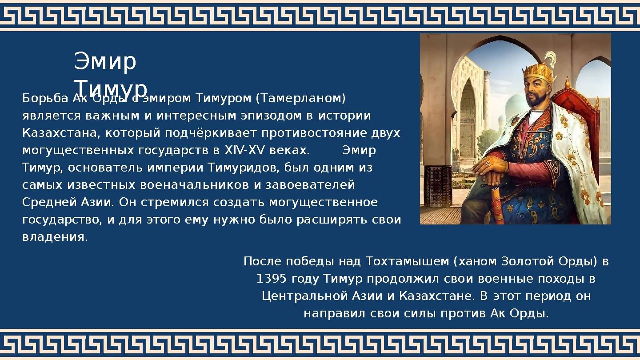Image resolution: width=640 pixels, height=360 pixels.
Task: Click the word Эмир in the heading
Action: pyautogui.click(x=105, y=62)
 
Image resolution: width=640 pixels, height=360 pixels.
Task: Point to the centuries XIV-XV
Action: pyautogui.click(x=238, y=151)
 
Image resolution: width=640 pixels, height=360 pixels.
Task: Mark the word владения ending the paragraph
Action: pyautogui.click(x=55, y=237)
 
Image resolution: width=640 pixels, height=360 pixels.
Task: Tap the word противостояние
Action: pyautogui.click(x=320, y=133)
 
